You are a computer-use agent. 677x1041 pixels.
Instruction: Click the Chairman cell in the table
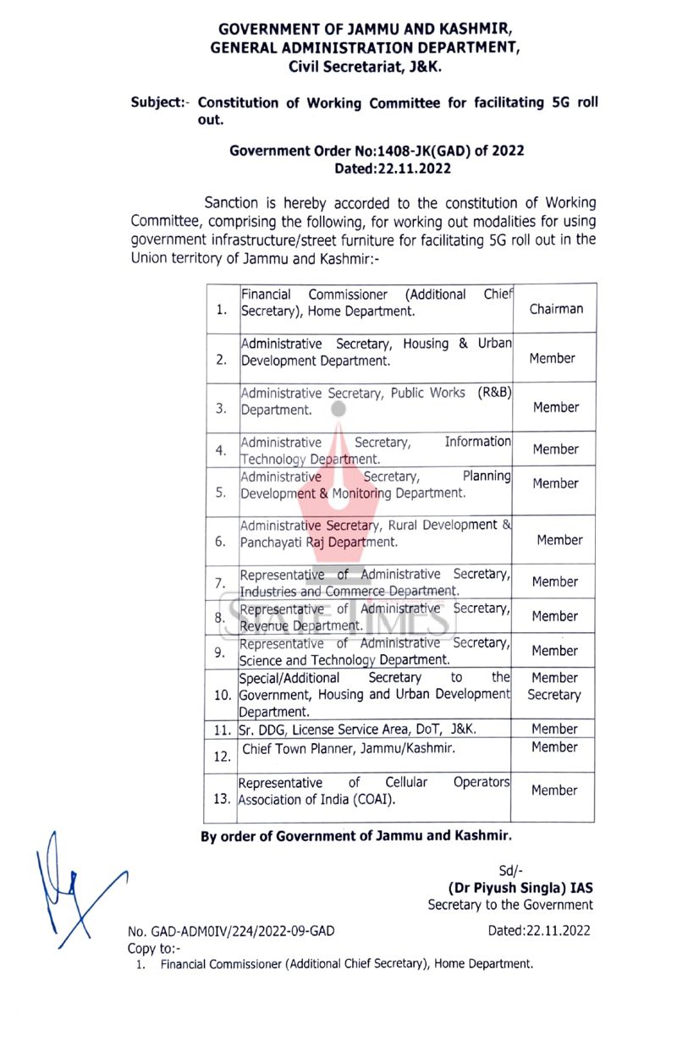coord(556,309)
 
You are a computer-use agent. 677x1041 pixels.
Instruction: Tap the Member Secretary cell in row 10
coord(554,686)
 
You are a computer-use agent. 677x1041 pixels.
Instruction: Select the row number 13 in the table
coord(222,799)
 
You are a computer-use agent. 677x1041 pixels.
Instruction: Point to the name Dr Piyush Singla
coord(520,888)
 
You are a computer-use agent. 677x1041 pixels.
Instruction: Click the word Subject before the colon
coord(157,103)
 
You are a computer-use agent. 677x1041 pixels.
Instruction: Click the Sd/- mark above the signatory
coord(511,871)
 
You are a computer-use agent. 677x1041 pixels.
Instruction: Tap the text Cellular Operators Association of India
coord(374,790)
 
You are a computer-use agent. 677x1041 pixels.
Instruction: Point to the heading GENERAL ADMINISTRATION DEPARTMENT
coord(366,47)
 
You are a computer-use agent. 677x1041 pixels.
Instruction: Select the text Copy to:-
coord(154,948)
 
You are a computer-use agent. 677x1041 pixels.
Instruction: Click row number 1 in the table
coord(222,310)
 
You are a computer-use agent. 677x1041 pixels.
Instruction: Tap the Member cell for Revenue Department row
coord(555,616)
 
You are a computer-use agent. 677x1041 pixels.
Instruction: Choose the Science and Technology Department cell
coord(374,651)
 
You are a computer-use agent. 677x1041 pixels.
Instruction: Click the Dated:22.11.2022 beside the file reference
coord(539,931)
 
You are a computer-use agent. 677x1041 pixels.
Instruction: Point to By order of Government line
coord(355,836)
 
